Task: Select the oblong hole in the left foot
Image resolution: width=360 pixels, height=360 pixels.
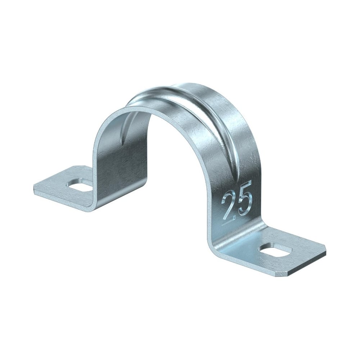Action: [80, 184]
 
